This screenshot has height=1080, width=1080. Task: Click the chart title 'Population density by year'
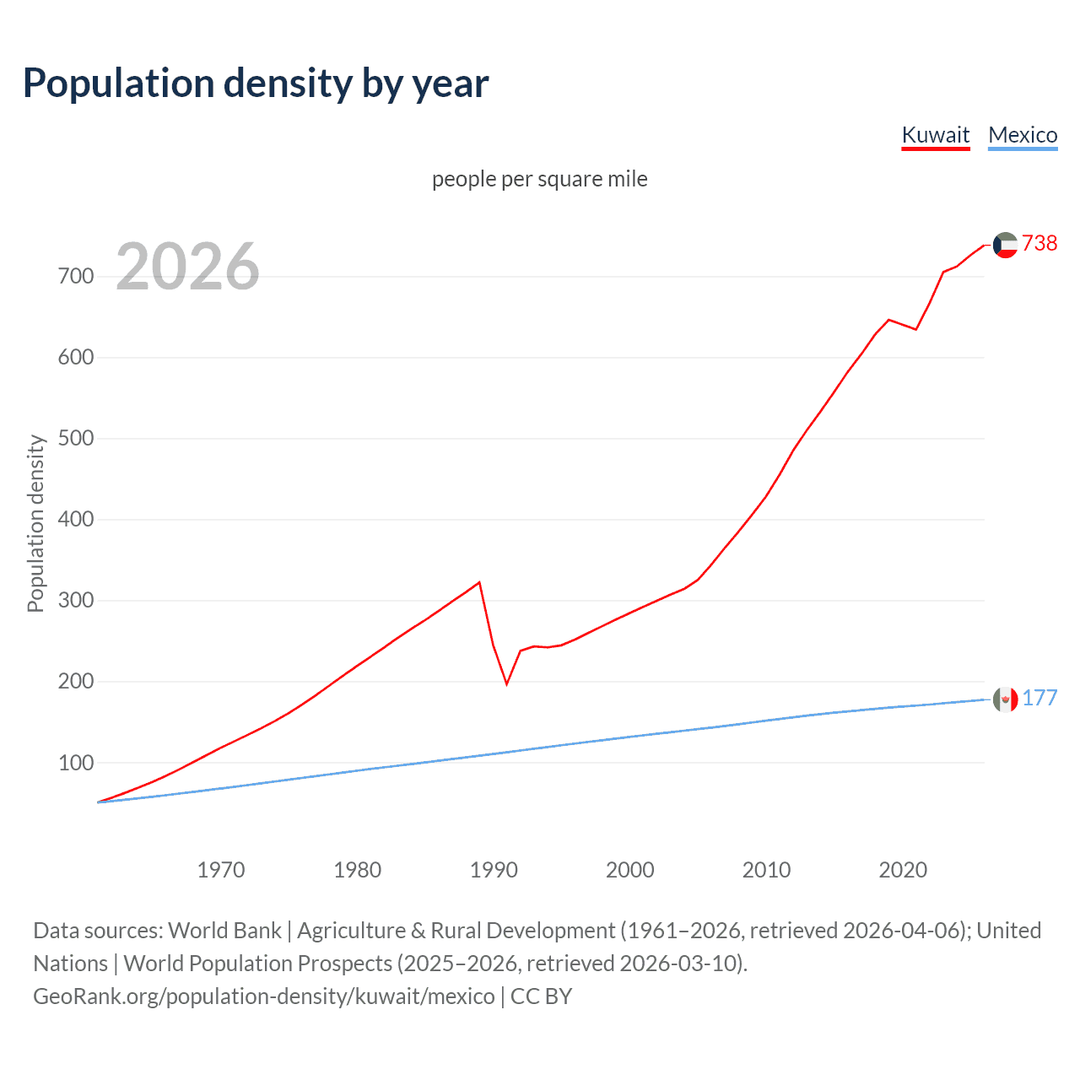[256, 84]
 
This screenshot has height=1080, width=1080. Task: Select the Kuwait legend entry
[936, 135]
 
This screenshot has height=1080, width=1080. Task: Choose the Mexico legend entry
[1023, 135]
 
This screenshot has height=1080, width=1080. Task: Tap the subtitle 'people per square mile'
[540, 179]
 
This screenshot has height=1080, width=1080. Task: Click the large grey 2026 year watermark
[187, 267]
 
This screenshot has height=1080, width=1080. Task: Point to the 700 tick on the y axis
[76, 276]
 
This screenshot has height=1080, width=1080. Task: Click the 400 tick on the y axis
[76, 519]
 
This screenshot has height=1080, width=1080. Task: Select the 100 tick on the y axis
[76, 763]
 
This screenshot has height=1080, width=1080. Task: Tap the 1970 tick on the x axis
[221, 869]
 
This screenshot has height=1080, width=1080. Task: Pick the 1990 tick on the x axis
[494, 869]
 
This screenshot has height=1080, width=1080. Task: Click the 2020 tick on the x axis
[903, 869]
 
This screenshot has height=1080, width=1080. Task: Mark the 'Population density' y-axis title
[35, 523]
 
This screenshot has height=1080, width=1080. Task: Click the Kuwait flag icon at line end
[1005, 245]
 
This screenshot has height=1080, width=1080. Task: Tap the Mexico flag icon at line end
[1005, 699]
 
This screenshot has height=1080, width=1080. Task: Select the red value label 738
[1039, 243]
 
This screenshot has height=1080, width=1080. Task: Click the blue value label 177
[1039, 698]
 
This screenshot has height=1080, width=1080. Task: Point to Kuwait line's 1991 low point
[507, 683]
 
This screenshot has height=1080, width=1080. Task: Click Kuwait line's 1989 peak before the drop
[479, 582]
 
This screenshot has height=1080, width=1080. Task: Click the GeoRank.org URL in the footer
[264, 996]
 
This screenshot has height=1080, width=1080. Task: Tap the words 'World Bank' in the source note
[224, 931]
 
